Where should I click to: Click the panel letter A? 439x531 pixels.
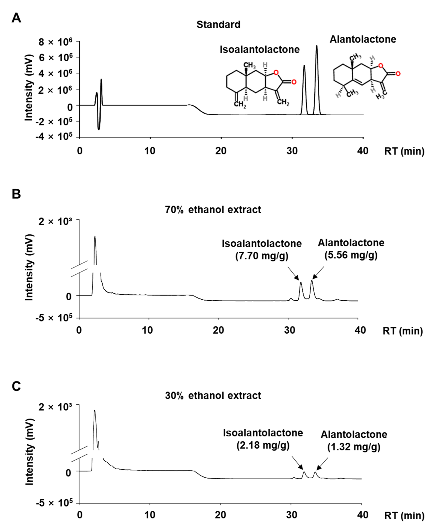[x=16, y=18]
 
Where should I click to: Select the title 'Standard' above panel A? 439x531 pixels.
[x=218, y=24]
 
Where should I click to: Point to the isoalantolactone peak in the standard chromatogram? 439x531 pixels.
[x=304, y=66]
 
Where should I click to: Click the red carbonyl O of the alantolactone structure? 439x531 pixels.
[x=398, y=74]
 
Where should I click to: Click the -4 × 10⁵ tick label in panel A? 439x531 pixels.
[x=54, y=136]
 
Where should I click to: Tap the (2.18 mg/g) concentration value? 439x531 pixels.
[x=263, y=445]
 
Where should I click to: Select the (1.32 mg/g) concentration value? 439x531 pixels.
[x=354, y=447]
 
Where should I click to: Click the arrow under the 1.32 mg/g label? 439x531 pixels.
[x=322, y=464]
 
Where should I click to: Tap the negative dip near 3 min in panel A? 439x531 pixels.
[x=99, y=129]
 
